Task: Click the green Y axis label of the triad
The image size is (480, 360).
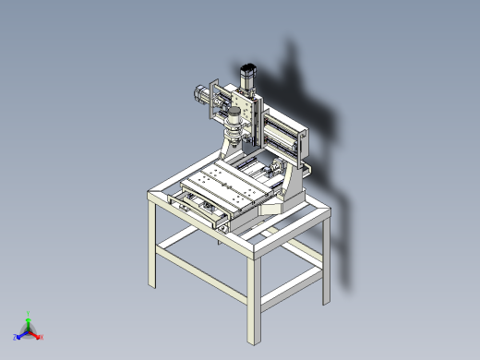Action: [x=29, y=314]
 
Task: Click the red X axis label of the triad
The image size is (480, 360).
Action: [x=42, y=337]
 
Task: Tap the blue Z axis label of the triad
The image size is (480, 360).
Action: [x=16, y=337]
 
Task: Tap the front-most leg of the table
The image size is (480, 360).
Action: [x=255, y=295]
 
